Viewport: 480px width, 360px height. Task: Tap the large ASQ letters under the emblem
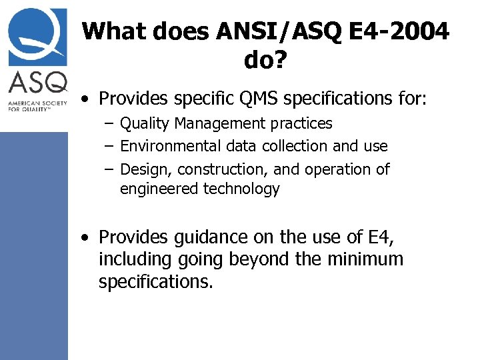pos(38,83)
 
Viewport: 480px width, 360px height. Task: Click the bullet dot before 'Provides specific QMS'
pos(87,101)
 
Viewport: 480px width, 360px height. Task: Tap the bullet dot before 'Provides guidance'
pos(87,237)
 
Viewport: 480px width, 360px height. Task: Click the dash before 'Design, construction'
pos(108,169)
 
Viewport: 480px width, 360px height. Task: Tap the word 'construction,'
pos(219,169)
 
